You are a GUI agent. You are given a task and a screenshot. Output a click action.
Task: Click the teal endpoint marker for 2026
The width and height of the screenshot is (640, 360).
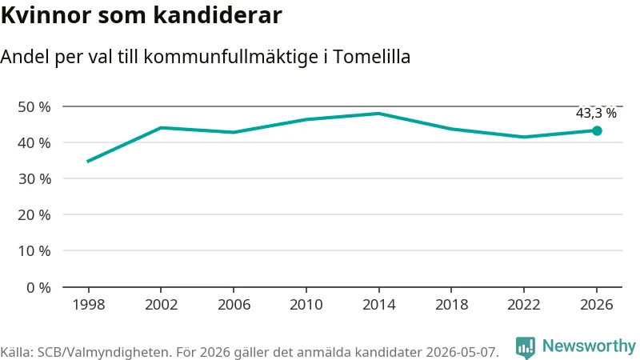coord(597,130)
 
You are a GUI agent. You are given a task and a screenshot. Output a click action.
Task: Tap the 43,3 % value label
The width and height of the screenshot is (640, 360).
coord(596,113)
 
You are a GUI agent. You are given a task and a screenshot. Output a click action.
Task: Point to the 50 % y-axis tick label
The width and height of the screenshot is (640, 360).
coord(34,107)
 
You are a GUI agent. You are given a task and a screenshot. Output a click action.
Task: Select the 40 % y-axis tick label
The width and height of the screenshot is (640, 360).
coord(34,143)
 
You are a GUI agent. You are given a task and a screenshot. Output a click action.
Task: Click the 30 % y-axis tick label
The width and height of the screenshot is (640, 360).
coord(34,178)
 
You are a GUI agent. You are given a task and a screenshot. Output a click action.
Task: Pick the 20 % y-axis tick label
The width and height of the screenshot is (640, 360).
coord(34,214)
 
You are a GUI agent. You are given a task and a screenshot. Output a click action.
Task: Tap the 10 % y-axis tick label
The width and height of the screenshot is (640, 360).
coord(34,250)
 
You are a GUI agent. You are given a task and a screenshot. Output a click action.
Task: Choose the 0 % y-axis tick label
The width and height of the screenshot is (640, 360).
coord(38,288)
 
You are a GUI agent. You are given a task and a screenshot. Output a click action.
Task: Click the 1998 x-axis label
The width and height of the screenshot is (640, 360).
coord(89,305)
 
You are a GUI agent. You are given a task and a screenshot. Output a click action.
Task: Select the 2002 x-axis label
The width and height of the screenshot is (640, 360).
coord(162,305)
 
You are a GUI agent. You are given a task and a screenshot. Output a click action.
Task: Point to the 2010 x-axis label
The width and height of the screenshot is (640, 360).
coord(306,305)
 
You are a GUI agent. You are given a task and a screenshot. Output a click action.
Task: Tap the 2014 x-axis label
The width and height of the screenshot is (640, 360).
coord(378,305)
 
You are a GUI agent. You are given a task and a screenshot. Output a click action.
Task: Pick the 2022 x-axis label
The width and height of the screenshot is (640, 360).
coord(524,305)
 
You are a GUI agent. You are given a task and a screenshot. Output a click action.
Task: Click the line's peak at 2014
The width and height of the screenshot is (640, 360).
coord(378,114)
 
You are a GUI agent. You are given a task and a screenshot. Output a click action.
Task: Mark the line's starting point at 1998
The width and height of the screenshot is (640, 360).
coord(88,162)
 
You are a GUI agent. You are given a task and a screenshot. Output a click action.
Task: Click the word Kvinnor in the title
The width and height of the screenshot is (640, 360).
coord(46,15)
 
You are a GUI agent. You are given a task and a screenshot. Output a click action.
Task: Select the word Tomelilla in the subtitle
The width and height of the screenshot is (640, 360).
coord(372,56)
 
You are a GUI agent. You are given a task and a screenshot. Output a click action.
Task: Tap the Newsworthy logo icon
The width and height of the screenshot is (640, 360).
coord(526,348)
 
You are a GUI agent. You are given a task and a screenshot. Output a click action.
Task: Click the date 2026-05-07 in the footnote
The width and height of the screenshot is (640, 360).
coord(462,352)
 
